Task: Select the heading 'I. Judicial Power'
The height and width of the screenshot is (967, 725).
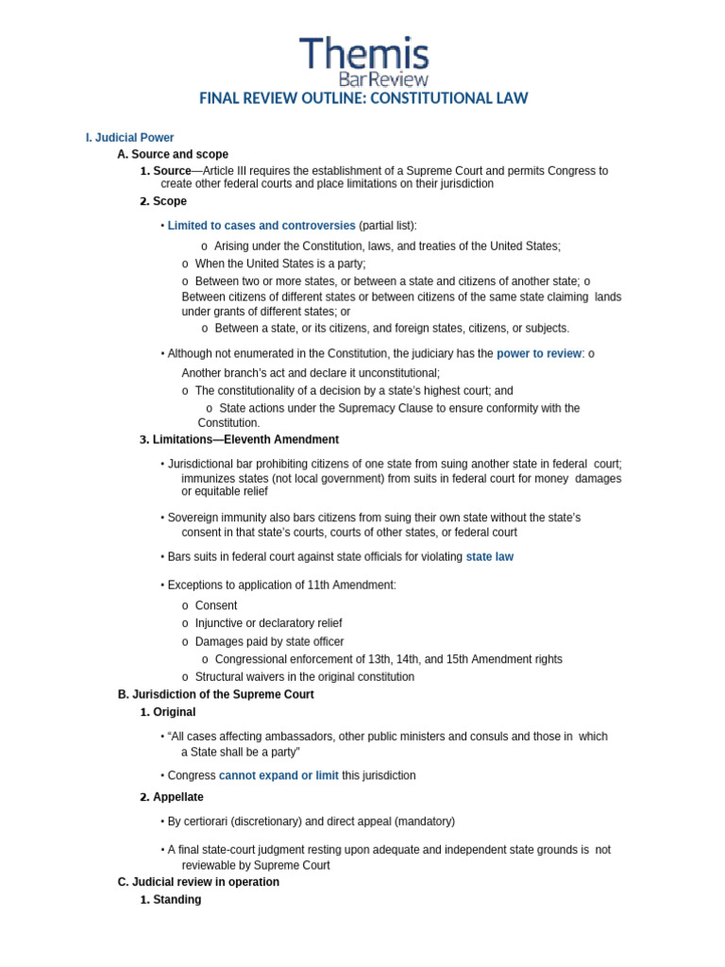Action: tap(129, 138)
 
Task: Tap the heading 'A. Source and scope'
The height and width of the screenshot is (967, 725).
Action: tap(173, 154)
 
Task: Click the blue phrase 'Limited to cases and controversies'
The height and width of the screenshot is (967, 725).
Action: tap(261, 226)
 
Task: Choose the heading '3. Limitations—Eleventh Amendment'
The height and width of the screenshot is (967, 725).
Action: tap(239, 440)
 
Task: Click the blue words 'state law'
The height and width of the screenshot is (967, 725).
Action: tap(489, 557)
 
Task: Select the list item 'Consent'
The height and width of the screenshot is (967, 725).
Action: tap(216, 605)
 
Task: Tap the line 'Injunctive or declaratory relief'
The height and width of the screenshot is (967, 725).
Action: tap(268, 623)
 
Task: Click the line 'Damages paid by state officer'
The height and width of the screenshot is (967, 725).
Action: tap(269, 642)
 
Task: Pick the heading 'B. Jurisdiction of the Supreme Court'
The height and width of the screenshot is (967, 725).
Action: tap(216, 694)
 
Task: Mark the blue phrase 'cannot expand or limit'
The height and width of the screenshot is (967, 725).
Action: tap(278, 775)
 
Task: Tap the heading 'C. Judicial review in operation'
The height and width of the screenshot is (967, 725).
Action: tap(198, 882)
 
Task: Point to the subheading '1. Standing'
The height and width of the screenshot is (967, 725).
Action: tap(171, 900)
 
